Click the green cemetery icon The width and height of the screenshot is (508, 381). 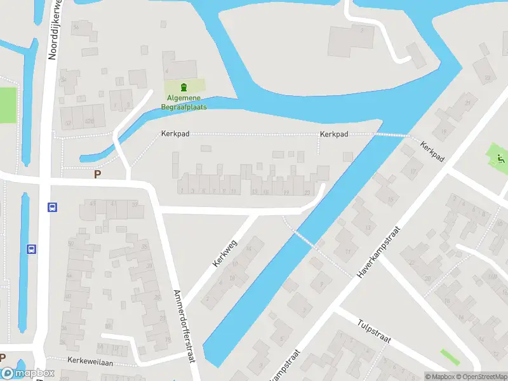point(184,87)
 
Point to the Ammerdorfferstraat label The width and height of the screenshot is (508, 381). point(184,326)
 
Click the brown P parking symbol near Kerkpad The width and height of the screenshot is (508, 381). point(97,174)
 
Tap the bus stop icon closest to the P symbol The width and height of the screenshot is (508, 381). point(52,207)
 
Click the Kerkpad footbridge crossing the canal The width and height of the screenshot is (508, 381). point(391,135)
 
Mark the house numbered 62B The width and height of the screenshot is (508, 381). point(89,121)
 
